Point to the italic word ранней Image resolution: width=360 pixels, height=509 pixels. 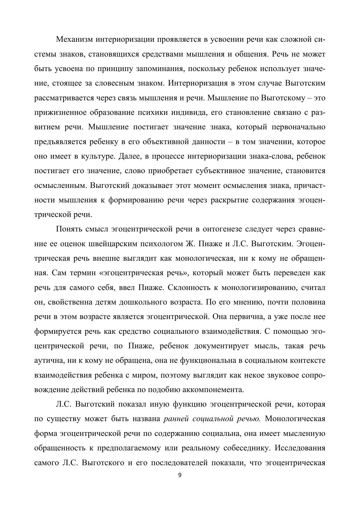pos(176,419)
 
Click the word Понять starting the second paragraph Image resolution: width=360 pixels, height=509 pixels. pos(69,229)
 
